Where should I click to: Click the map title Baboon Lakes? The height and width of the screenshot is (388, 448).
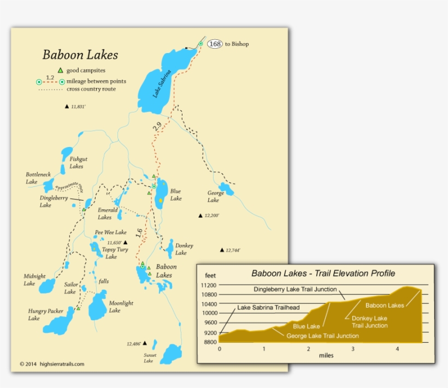pos(80,55)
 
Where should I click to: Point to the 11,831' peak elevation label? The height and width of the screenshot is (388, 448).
pos(78,107)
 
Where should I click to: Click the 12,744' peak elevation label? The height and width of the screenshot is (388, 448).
pos(233,250)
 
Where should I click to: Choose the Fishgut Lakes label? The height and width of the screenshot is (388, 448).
pos(76,162)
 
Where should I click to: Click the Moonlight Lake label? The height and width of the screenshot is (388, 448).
pos(119,307)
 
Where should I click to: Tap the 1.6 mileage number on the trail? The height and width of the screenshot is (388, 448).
pos(140,233)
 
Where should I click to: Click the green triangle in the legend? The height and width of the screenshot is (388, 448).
pos(60,70)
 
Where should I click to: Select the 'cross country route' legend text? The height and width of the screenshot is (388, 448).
pos(91,89)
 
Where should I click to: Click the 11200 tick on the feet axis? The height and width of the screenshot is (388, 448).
pos(209,285)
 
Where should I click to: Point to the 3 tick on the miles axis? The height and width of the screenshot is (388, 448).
pos(353,349)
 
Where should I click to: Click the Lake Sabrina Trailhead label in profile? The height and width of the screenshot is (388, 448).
pos(268,308)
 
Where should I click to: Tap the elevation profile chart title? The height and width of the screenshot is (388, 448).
pos(323,273)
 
